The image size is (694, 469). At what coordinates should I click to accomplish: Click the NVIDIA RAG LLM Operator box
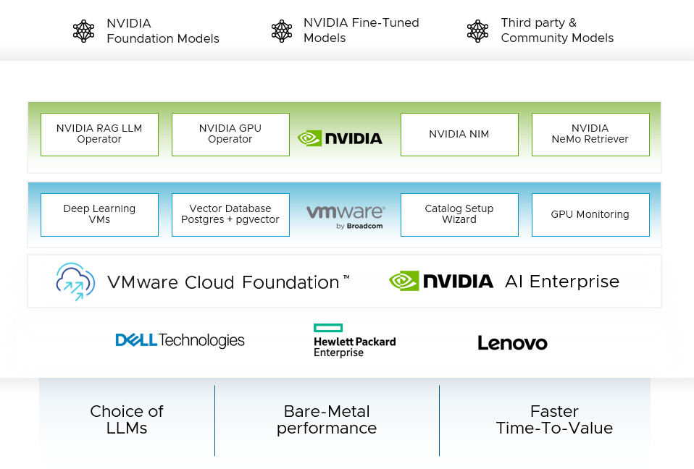(x=99, y=134)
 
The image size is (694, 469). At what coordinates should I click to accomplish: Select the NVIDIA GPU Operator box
(x=230, y=134)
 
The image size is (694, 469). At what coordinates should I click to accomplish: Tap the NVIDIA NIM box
(x=459, y=134)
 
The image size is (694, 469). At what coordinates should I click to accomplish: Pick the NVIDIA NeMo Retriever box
(x=590, y=134)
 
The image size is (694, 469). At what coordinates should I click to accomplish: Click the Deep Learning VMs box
(x=99, y=214)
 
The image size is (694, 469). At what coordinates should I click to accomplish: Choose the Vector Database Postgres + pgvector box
(x=230, y=214)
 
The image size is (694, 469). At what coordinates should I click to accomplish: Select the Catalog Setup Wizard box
(x=459, y=214)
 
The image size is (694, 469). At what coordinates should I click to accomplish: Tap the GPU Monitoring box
(x=590, y=214)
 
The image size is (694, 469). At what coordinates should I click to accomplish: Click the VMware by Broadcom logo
(x=346, y=216)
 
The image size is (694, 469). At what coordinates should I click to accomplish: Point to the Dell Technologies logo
(x=180, y=340)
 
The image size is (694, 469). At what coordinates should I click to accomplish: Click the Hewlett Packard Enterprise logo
(x=354, y=341)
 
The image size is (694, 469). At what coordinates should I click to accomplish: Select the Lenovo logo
(x=512, y=343)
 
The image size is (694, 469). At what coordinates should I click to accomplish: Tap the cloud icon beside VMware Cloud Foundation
(x=75, y=282)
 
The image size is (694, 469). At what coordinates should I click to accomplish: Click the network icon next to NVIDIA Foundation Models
(x=84, y=30)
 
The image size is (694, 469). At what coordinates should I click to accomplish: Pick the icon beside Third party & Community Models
(x=478, y=30)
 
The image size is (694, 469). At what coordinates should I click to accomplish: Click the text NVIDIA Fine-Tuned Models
(x=361, y=30)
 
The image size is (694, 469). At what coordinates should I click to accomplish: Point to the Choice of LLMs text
(x=127, y=420)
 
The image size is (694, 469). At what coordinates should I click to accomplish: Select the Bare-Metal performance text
(x=327, y=420)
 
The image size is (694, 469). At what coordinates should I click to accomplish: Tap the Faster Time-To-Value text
(x=554, y=420)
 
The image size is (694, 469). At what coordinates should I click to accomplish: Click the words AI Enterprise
(x=562, y=282)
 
